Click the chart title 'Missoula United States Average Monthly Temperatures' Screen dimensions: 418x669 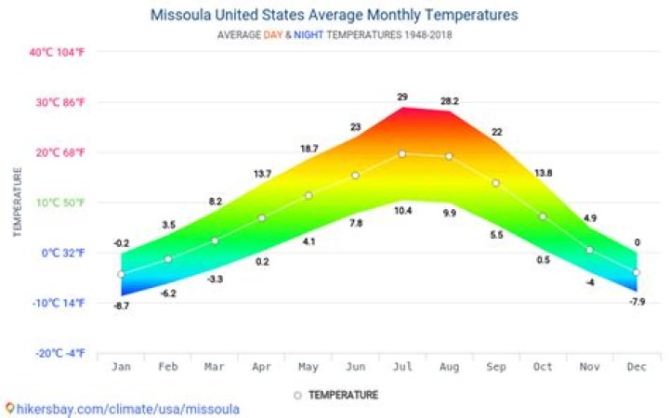point(334,15)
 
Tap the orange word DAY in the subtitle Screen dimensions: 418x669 point(274,35)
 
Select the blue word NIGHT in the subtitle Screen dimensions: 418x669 point(309,35)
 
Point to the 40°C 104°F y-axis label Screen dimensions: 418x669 point(57,52)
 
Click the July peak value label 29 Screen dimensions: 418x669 point(402,98)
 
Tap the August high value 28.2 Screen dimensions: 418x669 point(450,101)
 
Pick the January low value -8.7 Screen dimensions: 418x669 point(121,306)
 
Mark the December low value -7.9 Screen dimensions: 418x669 point(636,302)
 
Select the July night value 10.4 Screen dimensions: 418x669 point(402,212)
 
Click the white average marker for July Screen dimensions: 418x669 point(402,154)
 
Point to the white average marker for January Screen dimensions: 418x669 point(121,274)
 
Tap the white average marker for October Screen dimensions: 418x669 point(543,216)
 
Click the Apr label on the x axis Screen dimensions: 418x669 point(261,367)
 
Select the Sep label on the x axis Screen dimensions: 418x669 point(496,367)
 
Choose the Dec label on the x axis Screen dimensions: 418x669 point(636,367)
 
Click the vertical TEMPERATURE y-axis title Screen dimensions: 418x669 point(17,202)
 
